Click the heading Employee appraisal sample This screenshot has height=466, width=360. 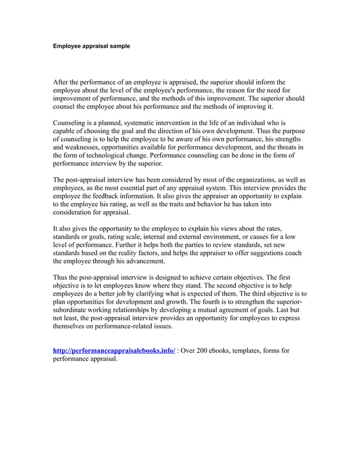click(x=91, y=45)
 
